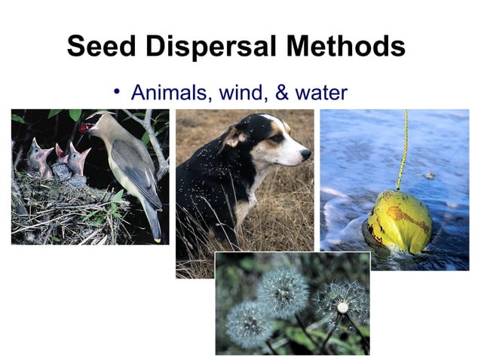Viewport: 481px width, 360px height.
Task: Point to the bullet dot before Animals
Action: click(117, 92)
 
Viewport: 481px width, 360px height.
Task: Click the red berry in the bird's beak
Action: click(83, 128)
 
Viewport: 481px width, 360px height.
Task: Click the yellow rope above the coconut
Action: click(404, 151)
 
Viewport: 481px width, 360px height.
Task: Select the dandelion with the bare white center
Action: click(342, 307)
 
